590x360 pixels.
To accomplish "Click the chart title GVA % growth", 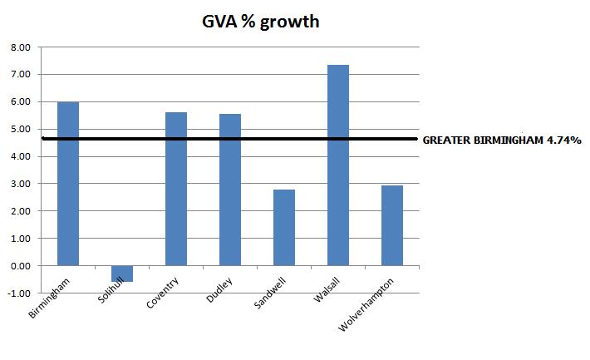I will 259,21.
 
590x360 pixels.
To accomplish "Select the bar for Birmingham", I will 68,183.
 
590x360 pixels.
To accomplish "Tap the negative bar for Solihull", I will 122,274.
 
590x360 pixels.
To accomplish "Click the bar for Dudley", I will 230,190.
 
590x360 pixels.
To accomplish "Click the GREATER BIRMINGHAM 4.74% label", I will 502,140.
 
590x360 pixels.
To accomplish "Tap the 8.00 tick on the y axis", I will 19,47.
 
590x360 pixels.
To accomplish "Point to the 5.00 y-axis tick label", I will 19,130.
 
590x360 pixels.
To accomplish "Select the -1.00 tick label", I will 17,293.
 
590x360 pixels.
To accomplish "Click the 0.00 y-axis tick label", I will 19,266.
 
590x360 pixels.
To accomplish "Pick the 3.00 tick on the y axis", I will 19,184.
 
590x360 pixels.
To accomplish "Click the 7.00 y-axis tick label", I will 19,75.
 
